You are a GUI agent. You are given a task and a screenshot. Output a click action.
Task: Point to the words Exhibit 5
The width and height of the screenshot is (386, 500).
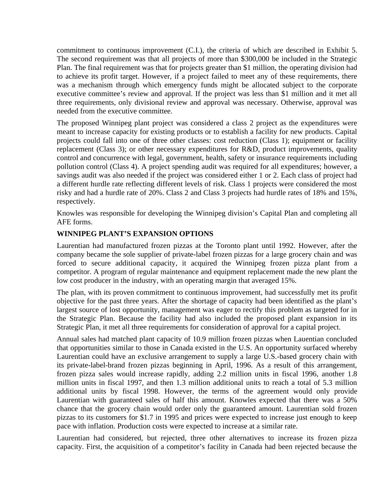point(345,50)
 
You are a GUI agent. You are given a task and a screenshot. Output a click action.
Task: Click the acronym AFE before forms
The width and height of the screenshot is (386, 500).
point(64,222)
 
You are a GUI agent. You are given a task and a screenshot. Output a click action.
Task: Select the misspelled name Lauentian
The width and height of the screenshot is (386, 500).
point(290,339)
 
